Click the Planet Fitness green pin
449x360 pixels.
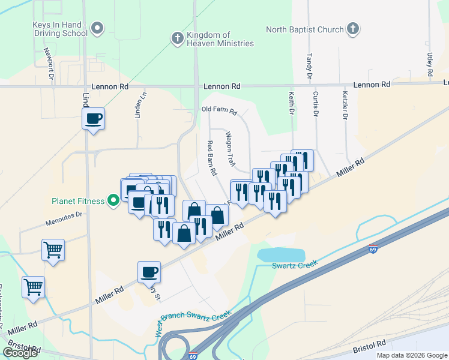tap(112, 200)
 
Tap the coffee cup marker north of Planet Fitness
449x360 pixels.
tap(93, 118)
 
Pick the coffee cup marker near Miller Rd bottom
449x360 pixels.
tap(149, 272)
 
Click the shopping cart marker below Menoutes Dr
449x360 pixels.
tap(53, 249)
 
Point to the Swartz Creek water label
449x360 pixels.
tap(294, 266)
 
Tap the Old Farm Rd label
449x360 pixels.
tap(220, 111)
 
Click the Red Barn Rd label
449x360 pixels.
tap(211, 157)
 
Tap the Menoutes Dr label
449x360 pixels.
tap(64, 223)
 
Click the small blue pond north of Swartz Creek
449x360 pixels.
tap(281, 254)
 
